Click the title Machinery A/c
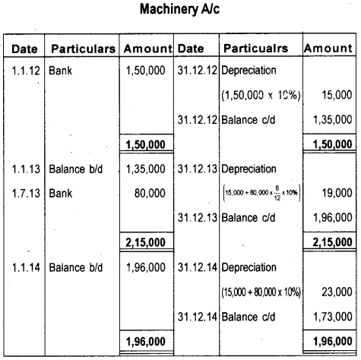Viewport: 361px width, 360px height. click(x=180, y=13)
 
